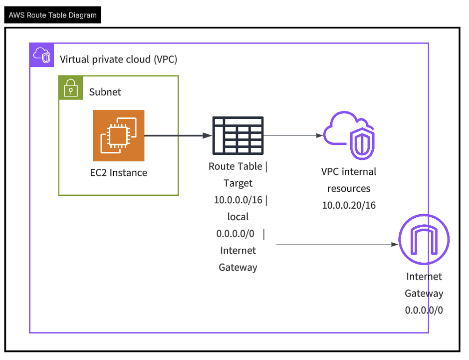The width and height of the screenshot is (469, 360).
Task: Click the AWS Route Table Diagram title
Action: [x=52, y=15]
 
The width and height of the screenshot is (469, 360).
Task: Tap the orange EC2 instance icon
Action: [x=118, y=136]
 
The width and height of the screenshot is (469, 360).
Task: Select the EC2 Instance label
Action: [x=118, y=173]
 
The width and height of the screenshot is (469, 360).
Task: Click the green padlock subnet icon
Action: [x=70, y=87]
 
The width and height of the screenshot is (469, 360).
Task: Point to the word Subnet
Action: [x=105, y=92]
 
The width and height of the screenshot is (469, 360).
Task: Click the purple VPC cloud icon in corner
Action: [x=42, y=55]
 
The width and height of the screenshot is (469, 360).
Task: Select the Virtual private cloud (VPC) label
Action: [x=118, y=59]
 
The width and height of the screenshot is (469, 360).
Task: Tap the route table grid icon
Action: [x=238, y=136]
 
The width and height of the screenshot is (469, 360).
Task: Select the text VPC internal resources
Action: [x=349, y=180]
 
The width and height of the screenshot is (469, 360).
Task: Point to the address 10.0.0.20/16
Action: [x=349, y=205]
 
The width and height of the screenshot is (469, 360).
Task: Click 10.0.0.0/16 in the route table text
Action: [x=238, y=200]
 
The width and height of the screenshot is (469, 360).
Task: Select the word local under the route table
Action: [x=238, y=217]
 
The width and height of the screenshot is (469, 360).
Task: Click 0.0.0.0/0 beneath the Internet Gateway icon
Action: [x=424, y=310]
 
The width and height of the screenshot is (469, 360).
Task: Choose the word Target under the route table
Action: [x=238, y=183]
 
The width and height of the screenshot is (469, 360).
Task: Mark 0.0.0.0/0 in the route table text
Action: [x=235, y=234]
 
